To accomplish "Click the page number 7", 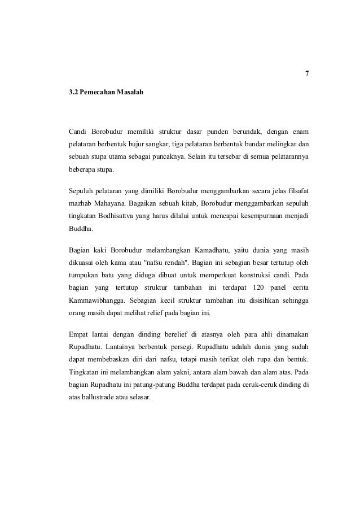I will pyautogui.click(x=307, y=74).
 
